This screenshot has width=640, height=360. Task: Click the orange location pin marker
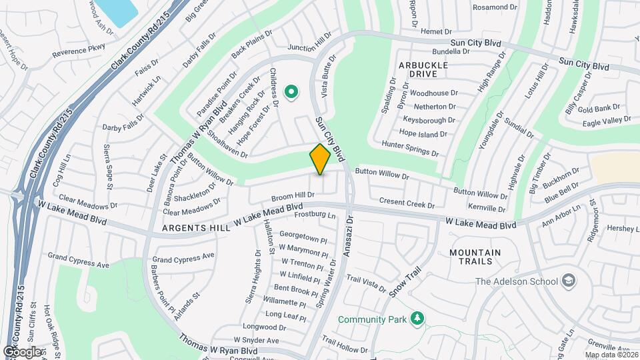(x=320, y=159)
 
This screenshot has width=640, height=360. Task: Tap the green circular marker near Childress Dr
(x=291, y=92)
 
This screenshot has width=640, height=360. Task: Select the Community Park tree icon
(x=417, y=319)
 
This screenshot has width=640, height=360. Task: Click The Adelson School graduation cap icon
(x=569, y=281)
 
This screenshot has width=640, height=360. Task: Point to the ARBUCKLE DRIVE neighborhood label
(x=423, y=69)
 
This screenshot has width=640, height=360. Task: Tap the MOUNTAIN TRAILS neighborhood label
(x=475, y=257)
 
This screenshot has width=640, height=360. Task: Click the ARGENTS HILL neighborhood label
(x=194, y=227)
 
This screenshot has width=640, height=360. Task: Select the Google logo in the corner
(x=22, y=351)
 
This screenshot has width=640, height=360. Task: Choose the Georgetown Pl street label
(x=303, y=235)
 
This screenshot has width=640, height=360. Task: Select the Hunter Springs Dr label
(x=409, y=148)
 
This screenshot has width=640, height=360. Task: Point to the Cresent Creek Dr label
(x=407, y=201)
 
